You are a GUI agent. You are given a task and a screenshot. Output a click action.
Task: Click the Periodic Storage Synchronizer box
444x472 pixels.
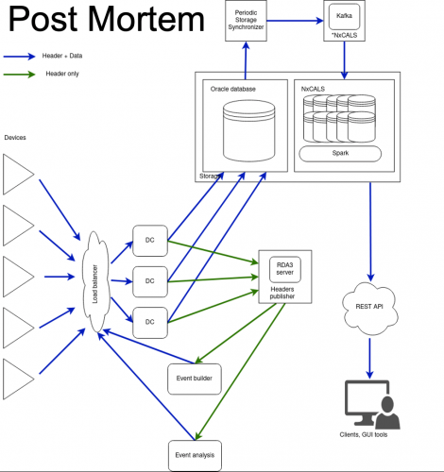point(246,21)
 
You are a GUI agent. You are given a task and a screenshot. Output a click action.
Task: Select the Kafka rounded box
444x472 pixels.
point(344,16)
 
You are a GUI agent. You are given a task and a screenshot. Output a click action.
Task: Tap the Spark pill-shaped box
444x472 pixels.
point(340,154)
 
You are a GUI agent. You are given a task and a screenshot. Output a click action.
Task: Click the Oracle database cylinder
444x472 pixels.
point(248,130)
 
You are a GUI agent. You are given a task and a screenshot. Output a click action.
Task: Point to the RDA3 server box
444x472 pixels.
point(285,269)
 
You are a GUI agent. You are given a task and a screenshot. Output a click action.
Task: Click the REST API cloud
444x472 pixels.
point(370,309)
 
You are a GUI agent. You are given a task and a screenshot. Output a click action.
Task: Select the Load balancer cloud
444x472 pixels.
point(96,282)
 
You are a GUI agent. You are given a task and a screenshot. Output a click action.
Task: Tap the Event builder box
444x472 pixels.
point(195,379)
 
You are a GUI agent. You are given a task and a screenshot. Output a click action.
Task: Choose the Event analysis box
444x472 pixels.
point(195,455)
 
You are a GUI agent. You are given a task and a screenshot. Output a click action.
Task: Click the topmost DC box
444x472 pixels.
point(150,241)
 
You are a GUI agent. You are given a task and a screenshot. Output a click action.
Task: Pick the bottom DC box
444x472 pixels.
point(150,323)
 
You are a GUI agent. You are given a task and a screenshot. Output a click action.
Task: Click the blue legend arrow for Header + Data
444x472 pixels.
point(19,57)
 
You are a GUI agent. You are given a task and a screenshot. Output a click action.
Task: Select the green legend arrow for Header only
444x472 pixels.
point(19,75)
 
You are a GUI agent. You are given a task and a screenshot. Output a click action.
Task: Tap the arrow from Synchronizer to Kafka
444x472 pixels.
point(295,21)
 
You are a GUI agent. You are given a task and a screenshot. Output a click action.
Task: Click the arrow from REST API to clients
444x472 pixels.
point(370,359)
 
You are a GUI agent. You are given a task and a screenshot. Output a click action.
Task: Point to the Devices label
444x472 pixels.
point(15,138)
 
